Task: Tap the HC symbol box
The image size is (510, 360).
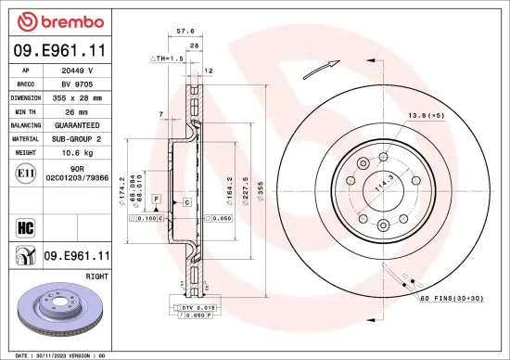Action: click(25, 225)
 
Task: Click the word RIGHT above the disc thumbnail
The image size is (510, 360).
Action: click(96, 276)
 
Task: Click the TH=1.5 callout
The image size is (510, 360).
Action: click(166, 58)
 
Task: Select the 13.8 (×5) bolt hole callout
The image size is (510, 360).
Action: click(424, 115)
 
